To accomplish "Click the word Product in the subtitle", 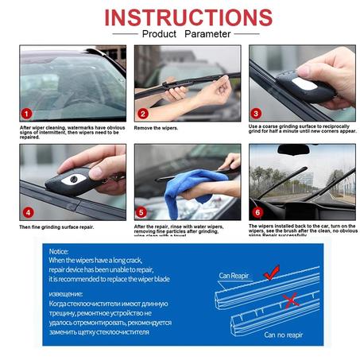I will [x=159, y=34].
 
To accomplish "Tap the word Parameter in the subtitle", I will [x=208, y=34].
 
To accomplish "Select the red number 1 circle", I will [x=27, y=114].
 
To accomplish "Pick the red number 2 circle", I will [x=141, y=114].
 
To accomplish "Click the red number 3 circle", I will [x=256, y=114].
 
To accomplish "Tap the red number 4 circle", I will [x=28, y=212].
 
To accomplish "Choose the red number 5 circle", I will [x=141, y=212].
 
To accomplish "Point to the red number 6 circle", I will [x=257, y=212].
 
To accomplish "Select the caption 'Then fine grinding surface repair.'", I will [x=58, y=226].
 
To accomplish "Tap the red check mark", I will [x=271, y=273].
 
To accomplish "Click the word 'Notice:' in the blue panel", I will [x=60, y=251].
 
